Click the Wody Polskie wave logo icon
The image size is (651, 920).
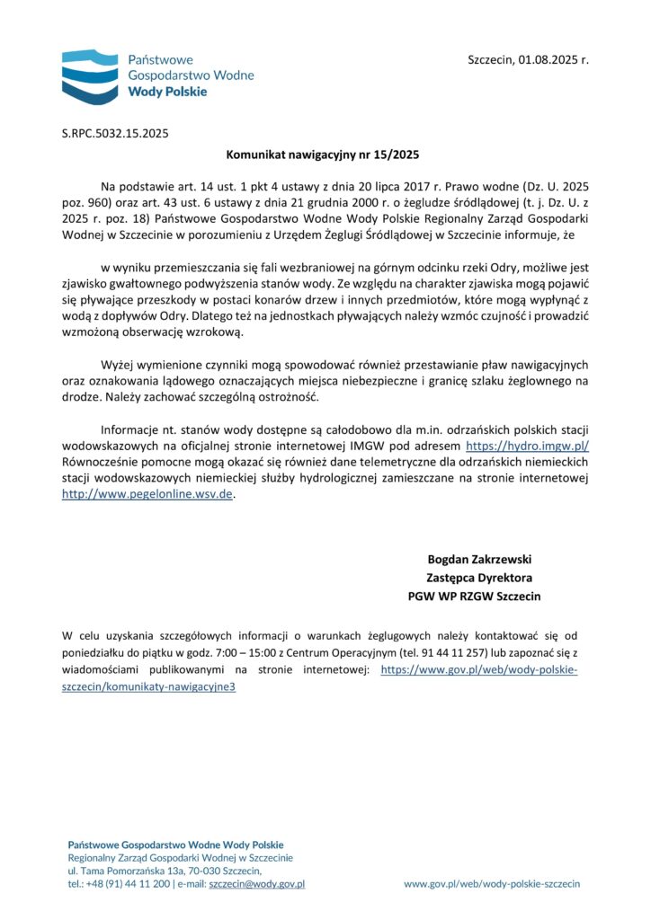click(90, 74)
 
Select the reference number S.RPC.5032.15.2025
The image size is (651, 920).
click(115, 134)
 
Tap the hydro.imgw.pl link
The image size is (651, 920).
click(527, 446)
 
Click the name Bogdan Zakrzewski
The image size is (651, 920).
click(479, 559)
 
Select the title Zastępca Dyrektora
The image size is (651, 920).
click(479, 578)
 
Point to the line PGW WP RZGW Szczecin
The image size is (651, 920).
click(474, 597)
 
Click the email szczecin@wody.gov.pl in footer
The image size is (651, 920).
click(256, 884)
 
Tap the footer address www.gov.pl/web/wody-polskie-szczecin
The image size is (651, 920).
click(492, 884)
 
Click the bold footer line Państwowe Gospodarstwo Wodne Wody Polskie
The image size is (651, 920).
click(175, 845)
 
